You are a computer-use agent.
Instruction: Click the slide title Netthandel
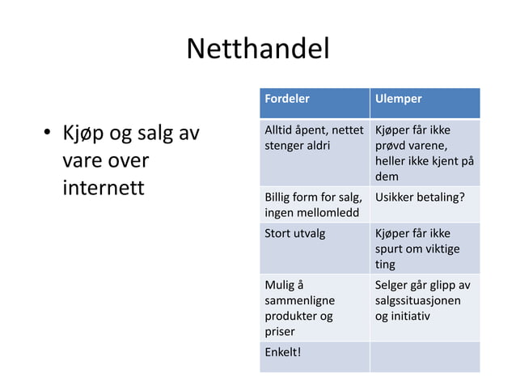pyautogui.click(x=257, y=50)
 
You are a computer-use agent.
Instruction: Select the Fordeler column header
pyautogui.click(x=287, y=99)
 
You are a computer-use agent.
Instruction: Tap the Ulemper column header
pyautogui.click(x=396, y=99)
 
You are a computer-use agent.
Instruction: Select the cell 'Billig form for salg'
pyautogui.click(x=314, y=204)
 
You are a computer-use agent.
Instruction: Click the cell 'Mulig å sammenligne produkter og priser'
pyautogui.click(x=314, y=308)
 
